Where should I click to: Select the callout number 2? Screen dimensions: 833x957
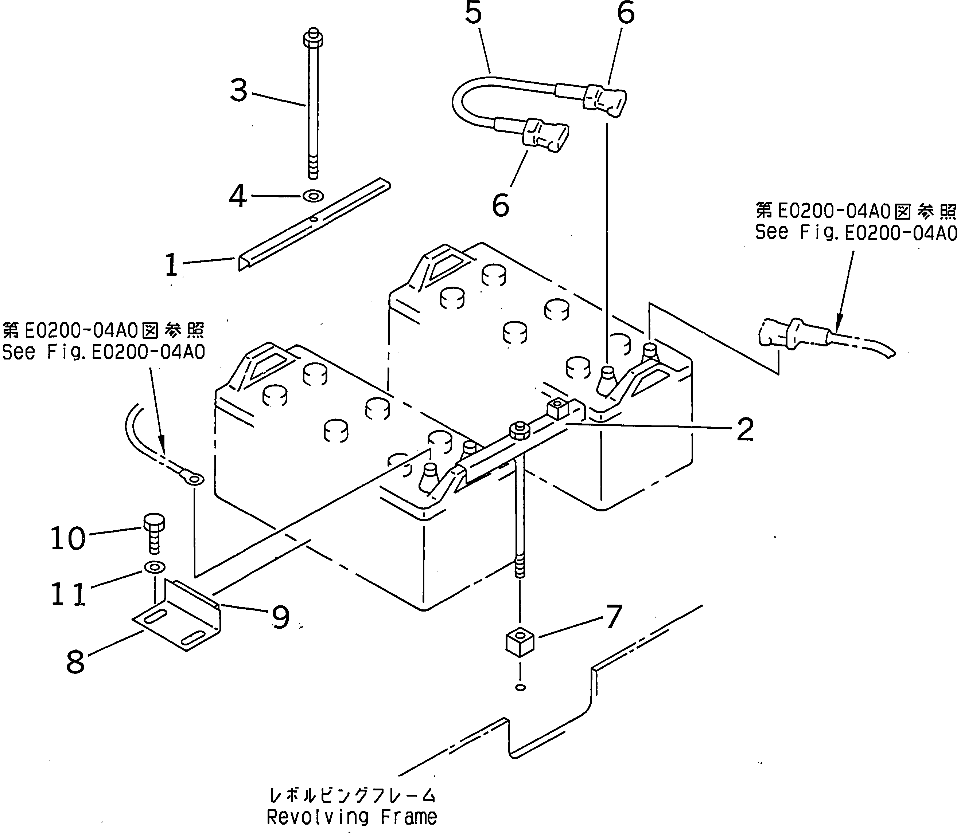[745, 429]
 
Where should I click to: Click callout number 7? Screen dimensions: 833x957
[614, 616]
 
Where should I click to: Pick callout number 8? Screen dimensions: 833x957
[75, 662]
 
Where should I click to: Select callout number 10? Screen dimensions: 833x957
[68, 538]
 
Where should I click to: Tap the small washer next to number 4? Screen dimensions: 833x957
[313, 196]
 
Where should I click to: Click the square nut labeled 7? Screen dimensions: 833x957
[520, 643]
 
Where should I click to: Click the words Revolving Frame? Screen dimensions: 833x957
[352, 817]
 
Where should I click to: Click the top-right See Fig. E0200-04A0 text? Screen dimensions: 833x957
[855, 232]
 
